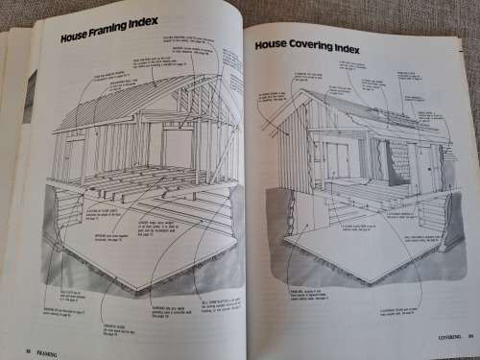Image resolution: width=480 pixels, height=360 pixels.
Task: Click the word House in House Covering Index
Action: click(x=272, y=46)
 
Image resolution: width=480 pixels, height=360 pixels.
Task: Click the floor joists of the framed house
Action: click(x=144, y=187)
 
